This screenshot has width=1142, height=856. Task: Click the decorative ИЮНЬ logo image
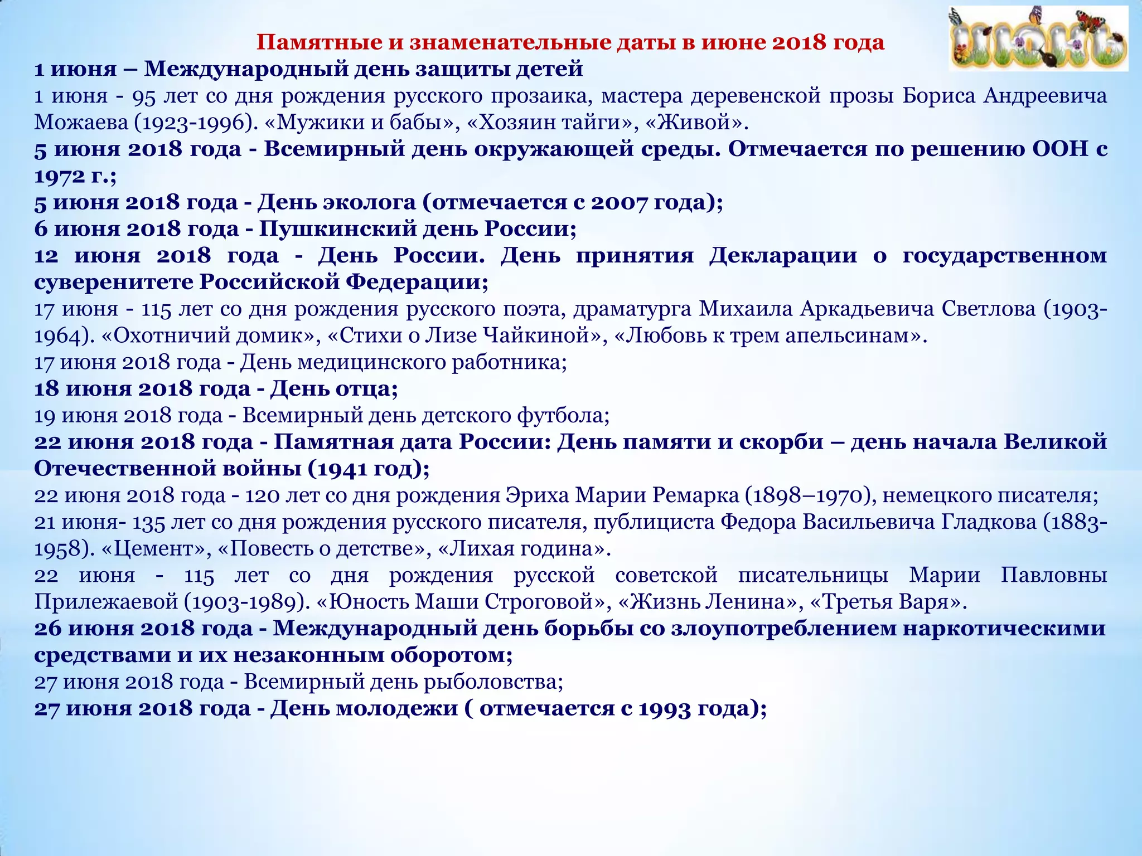pos(1038,39)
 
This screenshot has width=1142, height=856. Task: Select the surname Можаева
pos(81,123)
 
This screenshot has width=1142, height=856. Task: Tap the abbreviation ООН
pos(1060,149)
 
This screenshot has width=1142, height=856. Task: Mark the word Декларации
pos(783,256)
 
